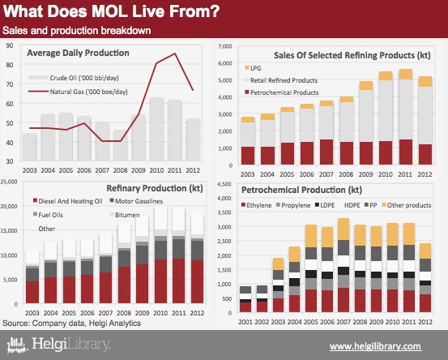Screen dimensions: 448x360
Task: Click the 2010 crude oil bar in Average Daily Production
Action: (156, 129)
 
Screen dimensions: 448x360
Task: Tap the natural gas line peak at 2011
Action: (175, 54)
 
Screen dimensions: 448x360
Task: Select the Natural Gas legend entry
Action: (78, 92)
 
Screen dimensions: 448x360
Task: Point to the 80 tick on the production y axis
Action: (10, 65)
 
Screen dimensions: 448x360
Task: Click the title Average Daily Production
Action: (78, 53)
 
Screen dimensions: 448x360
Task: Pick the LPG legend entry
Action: (253, 68)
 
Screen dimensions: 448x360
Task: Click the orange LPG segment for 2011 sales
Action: (405, 75)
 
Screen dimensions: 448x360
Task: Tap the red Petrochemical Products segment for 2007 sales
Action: (326, 152)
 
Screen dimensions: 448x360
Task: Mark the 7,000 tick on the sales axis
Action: (225, 46)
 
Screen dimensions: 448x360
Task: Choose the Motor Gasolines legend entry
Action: (136, 201)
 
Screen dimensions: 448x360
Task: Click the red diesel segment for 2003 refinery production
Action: (32, 292)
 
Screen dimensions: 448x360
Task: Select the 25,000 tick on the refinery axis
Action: (9, 182)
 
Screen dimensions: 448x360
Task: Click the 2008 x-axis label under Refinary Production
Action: (124, 313)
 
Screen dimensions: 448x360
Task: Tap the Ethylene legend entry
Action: (256, 205)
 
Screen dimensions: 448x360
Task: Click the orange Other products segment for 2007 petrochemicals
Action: (343, 229)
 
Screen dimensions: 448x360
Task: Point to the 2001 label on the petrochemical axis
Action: (245, 322)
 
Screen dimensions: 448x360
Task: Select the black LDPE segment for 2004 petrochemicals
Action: (295, 282)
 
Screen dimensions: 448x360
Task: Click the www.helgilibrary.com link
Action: (375, 346)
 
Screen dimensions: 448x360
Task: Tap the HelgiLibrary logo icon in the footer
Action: (17, 345)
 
